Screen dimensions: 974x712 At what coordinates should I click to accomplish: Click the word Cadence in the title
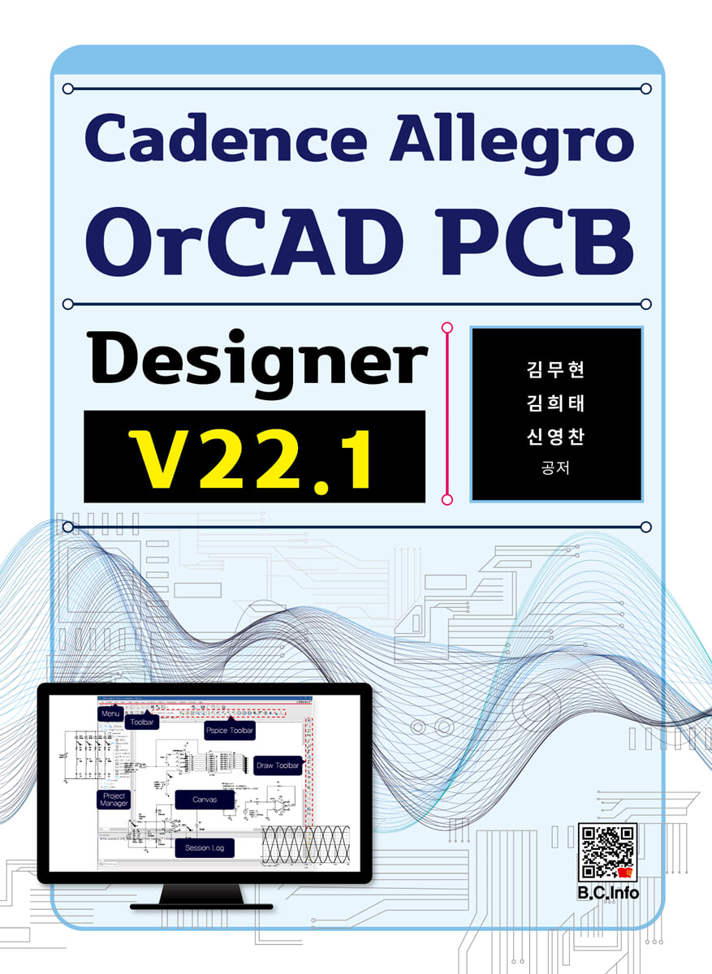(230, 139)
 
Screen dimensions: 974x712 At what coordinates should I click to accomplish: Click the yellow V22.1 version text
(254, 459)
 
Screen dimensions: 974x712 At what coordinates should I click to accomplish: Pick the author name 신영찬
(556, 437)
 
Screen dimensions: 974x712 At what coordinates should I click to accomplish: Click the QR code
(607, 852)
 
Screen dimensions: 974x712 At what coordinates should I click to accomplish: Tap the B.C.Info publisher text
(608, 894)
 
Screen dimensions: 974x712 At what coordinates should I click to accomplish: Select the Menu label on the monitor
(110, 713)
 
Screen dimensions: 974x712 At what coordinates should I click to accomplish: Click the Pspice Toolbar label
(230, 730)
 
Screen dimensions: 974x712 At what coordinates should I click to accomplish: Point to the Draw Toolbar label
(278, 765)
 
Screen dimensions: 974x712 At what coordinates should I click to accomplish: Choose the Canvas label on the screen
(205, 800)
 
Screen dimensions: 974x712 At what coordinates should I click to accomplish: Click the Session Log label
(205, 848)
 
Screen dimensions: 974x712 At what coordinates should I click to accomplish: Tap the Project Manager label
(114, 799)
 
